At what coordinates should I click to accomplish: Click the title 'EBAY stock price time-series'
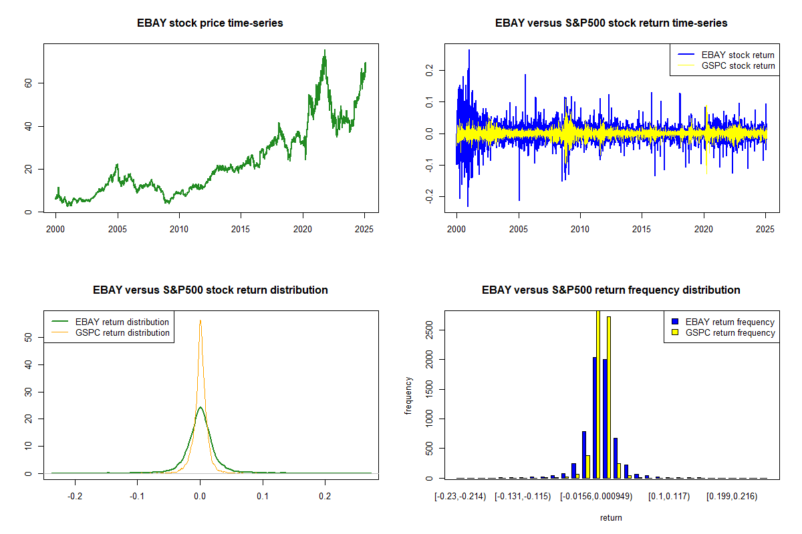pos(211,23)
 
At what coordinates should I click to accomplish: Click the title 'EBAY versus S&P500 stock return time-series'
pos(611,23)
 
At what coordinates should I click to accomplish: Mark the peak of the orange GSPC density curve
pos(200,320)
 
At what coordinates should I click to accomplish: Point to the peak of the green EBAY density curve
pos(200,407)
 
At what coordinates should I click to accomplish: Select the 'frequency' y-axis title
pos(408,395)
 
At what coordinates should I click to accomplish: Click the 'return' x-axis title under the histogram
pos(611,517)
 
